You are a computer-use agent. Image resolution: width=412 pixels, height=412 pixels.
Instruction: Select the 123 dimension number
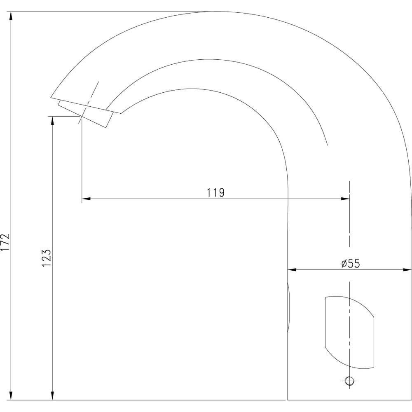[46, 258]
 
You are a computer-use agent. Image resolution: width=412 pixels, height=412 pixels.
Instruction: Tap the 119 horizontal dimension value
[216, 192]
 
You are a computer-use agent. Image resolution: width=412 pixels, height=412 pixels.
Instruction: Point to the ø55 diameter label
[351, 263]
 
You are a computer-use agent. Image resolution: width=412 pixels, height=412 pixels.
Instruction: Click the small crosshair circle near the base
[349, 380]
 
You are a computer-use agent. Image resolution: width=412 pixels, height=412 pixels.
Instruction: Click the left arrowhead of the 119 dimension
[86, 199]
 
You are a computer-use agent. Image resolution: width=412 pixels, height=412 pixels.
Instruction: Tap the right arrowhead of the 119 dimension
[345, 199]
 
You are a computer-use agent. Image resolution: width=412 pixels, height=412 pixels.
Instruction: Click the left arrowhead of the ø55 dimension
[292, 269]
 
